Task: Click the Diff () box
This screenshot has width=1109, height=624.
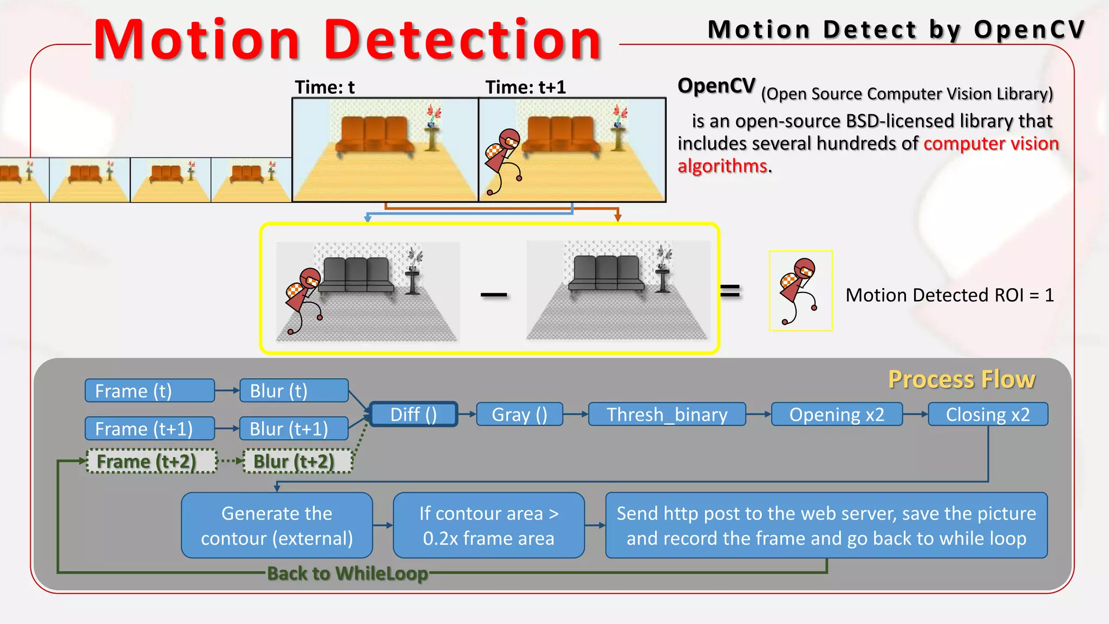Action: (414, 414)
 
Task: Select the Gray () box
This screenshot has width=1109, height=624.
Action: (519, 414)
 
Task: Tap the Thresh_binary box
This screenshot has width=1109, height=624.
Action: (667, 414)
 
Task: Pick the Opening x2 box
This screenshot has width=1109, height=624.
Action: (837, 414)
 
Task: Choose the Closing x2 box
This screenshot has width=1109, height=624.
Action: (988, 414)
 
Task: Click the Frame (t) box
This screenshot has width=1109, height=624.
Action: (149, 391)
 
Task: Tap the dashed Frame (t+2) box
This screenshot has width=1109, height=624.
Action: (152, 461)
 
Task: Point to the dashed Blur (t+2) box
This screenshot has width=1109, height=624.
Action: (298, 461)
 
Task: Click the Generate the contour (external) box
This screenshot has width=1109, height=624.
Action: (277, 525)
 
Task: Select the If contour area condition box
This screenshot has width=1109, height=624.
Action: (488, 525)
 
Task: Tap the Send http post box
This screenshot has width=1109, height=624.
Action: (826, 525)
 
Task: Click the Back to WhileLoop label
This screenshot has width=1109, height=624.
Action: (348, 573)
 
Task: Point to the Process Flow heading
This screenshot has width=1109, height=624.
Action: (962, 379)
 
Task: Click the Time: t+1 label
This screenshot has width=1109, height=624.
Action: (525, 87)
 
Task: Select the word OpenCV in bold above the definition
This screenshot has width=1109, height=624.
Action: (716, 86)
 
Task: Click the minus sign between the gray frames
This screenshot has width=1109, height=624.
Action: (494, 295)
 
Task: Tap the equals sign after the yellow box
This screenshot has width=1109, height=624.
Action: (730, 291)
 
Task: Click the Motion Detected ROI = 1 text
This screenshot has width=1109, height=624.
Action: (950, 295)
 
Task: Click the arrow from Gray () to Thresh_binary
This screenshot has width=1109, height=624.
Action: (576, 414)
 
